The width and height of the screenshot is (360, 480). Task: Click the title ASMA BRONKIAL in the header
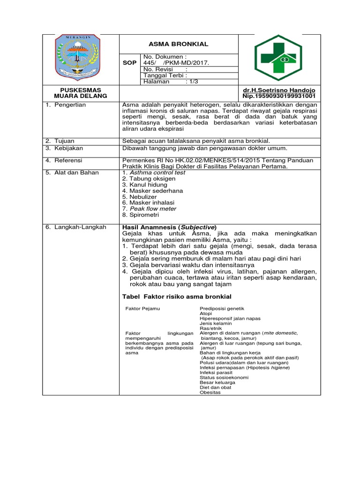click(x=178, y=44)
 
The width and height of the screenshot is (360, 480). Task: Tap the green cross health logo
click(x=278, y=58)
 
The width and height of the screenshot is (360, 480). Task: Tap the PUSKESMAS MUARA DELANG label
click(x=81, y=93)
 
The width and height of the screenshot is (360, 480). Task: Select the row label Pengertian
click(x=69, y=105)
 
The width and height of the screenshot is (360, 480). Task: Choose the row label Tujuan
click(x=64, y=141)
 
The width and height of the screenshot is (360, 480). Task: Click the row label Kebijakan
click(x=68, y=148)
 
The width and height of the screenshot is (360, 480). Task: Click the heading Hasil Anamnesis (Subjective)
click(x=169, y=227)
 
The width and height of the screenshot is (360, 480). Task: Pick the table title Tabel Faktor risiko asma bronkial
click(x=177, y=297)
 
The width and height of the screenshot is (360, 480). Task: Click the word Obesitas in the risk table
click(x=210, y=392)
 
